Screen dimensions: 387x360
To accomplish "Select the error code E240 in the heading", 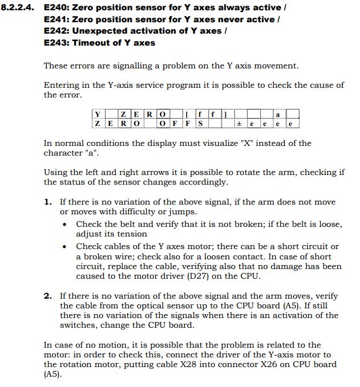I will pyautogui.click(x=55, y=7).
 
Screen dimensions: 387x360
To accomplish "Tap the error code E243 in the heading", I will pyautogui.click(x=55, y=42).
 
